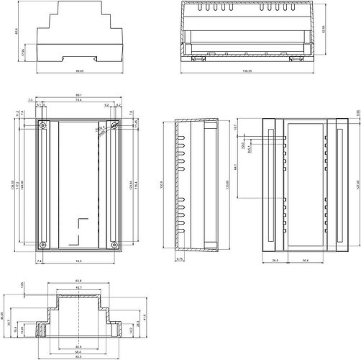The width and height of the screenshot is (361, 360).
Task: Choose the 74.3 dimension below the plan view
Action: pos(77,260)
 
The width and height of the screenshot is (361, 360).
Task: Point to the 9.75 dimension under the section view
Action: pos(180,258)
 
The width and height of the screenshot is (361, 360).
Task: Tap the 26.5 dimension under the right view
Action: pos(275,261)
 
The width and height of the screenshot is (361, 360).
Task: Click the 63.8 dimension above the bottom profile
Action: pos(78,280)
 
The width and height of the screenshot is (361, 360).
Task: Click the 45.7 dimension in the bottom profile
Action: pos(78,288)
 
